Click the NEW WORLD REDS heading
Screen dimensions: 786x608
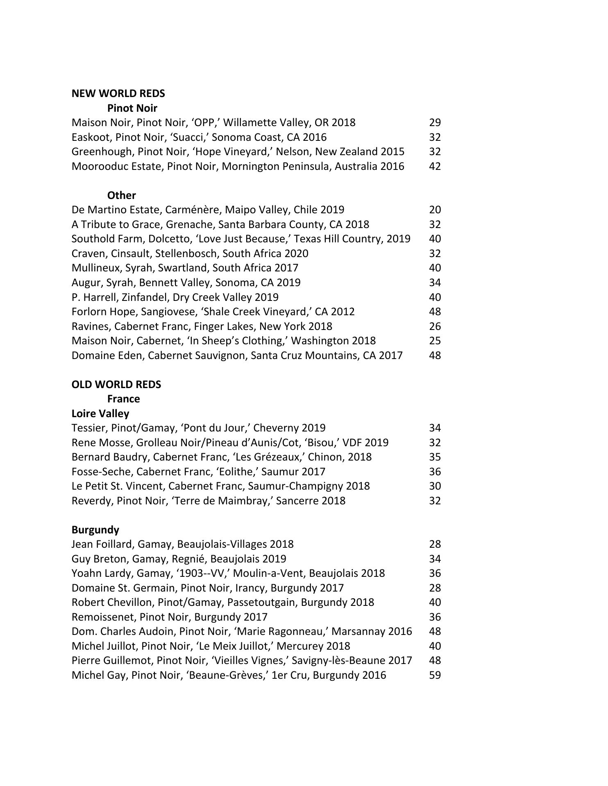point(118,94)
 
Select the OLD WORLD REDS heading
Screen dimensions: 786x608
point(116,385)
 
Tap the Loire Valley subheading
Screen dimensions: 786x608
point(100,414)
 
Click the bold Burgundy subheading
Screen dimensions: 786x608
point(95,530)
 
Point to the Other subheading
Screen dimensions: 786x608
point(121,196)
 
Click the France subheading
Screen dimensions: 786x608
point(123,399)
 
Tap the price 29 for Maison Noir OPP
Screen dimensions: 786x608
point(435,123)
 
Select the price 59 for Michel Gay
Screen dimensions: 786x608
point(435,675)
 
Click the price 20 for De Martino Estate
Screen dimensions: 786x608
point(435,210)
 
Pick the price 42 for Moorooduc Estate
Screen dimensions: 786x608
point(435,167)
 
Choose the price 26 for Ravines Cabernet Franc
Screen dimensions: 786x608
point(435,327)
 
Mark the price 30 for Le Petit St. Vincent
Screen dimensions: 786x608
point(435,486)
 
